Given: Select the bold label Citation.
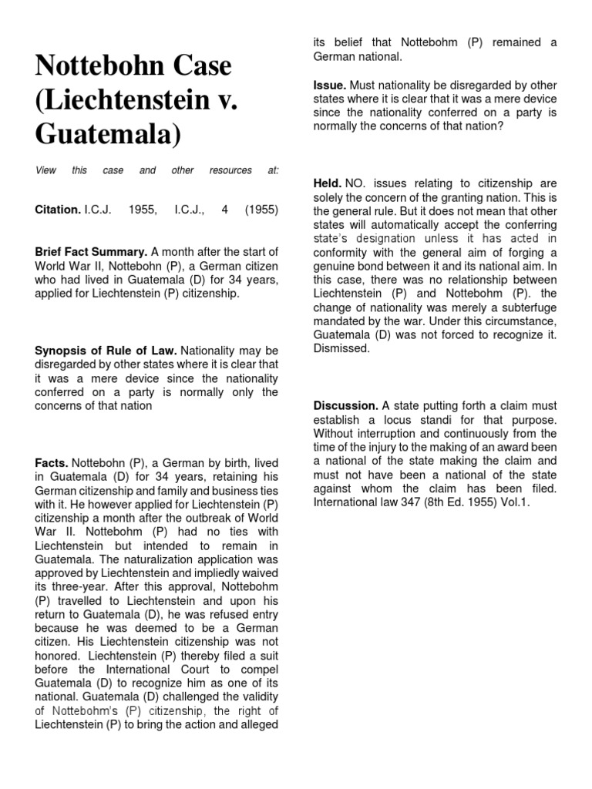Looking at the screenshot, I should (57, 210).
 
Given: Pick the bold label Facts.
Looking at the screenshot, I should (52, 463).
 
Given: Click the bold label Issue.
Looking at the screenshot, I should (329, 85).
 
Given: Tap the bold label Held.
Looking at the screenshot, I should (327, 183).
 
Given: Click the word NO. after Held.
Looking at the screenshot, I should (358, 183).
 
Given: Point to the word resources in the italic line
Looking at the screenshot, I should (230, 170).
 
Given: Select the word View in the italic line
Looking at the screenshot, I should (45, 170).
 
